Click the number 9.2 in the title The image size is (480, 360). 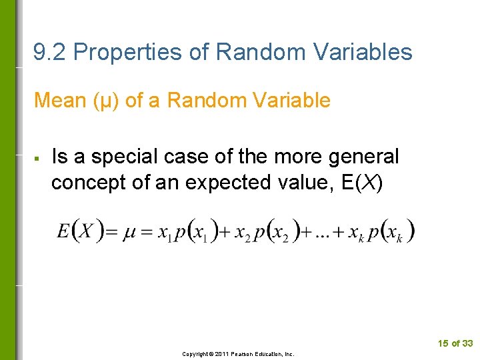pyautogui.click(x=50, y=52)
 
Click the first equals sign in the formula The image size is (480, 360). pyautogui.click(x=112, y=233)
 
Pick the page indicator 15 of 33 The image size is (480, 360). pyautogui.click(x=455, y=343)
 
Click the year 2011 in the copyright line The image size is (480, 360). pyautogui.click(x=222, y=354)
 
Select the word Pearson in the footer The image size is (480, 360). pyautogui.click(x=244, y=354)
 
